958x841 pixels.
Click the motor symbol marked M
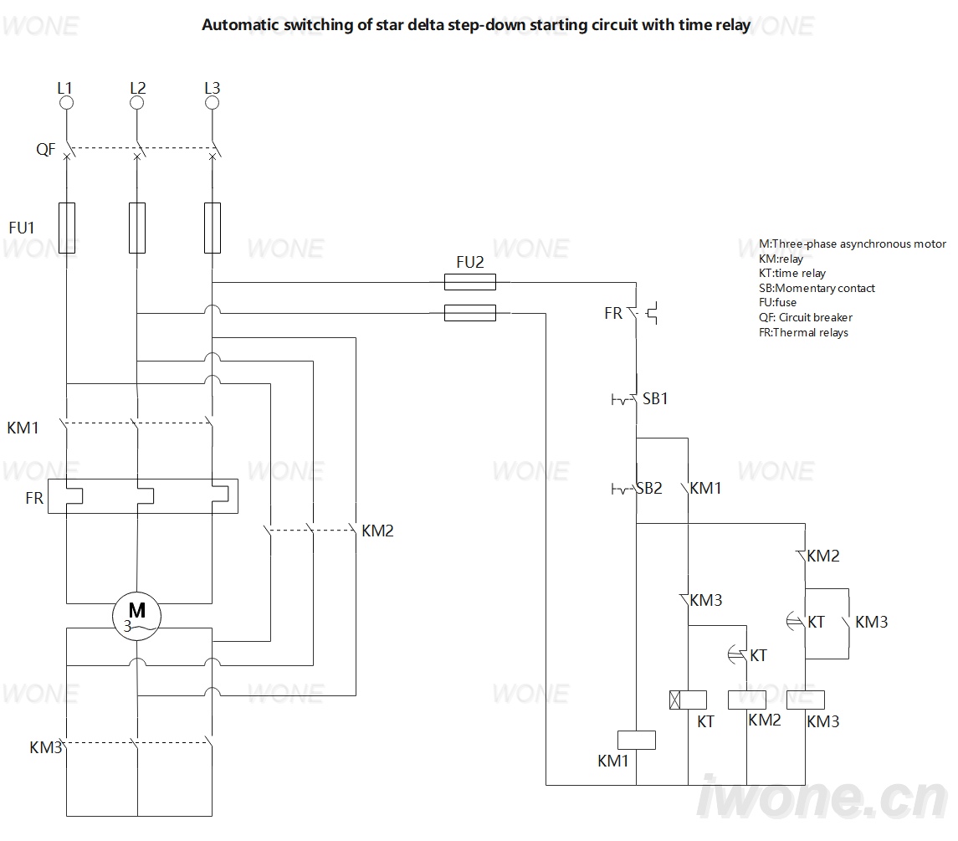[x=137, y=616]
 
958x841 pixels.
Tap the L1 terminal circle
[x=67, y=103]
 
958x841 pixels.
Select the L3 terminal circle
[x=212, y=103]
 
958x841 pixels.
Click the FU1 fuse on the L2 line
[x=137, y=228]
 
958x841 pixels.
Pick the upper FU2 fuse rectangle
[x=470, y=282]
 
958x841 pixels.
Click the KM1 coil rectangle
[x=637, y=740]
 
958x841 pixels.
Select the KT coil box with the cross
[x=688, y=700]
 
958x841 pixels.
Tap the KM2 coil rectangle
[x=747, y=700]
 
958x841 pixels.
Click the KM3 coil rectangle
[x=806, y=700]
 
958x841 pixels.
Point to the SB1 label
[x=655, y=399]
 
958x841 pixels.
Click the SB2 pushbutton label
[x=649, y=489]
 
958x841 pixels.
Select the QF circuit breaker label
[x=46, y=150]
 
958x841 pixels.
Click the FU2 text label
[x=470, y=262]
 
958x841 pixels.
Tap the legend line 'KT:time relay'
[x=792, y=273]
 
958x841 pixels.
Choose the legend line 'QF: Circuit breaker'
[x=805, y=317]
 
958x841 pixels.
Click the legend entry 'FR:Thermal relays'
[x=803, y=332]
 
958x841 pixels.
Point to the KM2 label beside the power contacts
[x=377, y=531]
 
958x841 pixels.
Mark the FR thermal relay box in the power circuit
[x=143, y=496]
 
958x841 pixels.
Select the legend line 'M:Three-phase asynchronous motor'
[x=853, y=244]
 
